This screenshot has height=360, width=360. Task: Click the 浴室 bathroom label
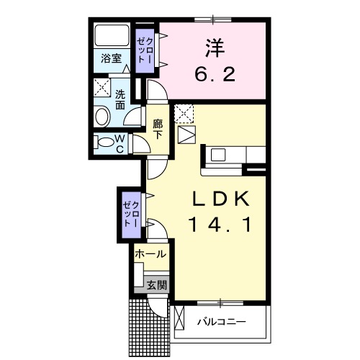110,59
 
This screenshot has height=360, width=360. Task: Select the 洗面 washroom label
120,99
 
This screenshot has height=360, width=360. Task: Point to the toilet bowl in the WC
104,142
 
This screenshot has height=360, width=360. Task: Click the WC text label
120,143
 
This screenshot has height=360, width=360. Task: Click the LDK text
220,199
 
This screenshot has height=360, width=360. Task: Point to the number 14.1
220,225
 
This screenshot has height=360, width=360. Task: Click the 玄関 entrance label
157,285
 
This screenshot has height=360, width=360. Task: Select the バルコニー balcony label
222,322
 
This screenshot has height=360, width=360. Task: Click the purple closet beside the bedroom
145,50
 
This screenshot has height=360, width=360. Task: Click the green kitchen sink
218,154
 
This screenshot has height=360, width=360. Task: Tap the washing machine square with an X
102,89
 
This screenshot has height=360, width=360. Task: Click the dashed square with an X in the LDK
184,113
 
